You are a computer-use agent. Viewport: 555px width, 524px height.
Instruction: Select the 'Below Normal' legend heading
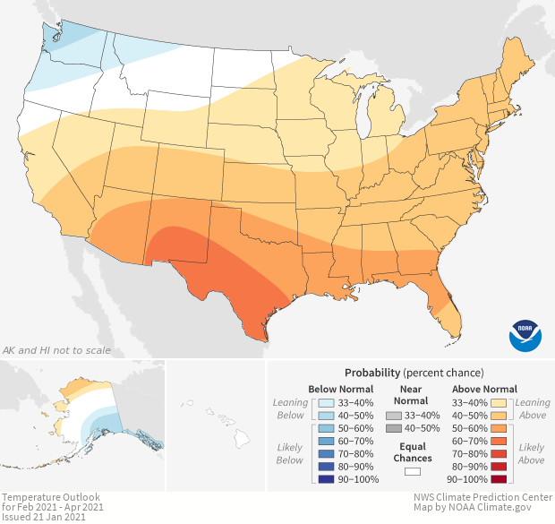pos(339,389)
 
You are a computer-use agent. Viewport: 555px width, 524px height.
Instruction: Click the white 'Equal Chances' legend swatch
pos(413,470)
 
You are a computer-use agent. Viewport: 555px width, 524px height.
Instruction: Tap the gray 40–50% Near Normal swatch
pos(393,429)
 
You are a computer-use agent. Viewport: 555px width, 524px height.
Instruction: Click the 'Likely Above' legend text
pos(531,453)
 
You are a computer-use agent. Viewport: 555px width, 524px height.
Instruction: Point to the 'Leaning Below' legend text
pos(290,408)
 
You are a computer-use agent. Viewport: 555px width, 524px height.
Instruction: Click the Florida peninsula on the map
pos(448,305)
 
